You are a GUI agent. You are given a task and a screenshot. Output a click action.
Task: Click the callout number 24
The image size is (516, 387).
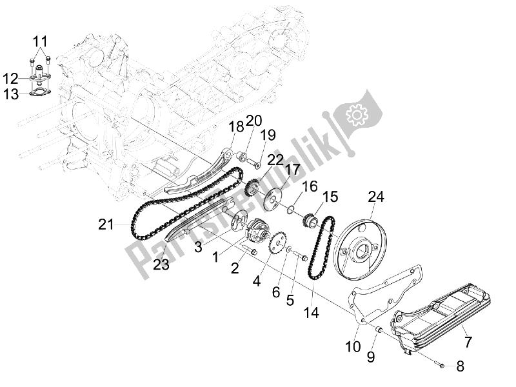pos(375,197)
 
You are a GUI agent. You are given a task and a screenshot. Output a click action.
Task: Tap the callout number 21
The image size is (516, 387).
pos(106,224)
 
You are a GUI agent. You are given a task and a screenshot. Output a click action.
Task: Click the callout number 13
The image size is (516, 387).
pos(11,96)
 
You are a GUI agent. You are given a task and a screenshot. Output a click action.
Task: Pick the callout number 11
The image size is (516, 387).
pos(40,44)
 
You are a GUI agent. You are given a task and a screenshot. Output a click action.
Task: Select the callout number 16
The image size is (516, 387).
pos(310,186)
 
